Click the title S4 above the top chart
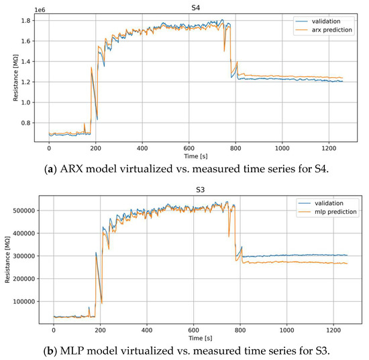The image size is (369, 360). pyautogui.click(x=199, y=5)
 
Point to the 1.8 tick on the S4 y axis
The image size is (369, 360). pyautogui.click(x=33, y=21)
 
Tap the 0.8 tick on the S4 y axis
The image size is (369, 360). pyautogui.click(x=33, y=123)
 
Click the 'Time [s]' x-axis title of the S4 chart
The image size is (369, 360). pyautogui.click(x=199, y=154)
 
